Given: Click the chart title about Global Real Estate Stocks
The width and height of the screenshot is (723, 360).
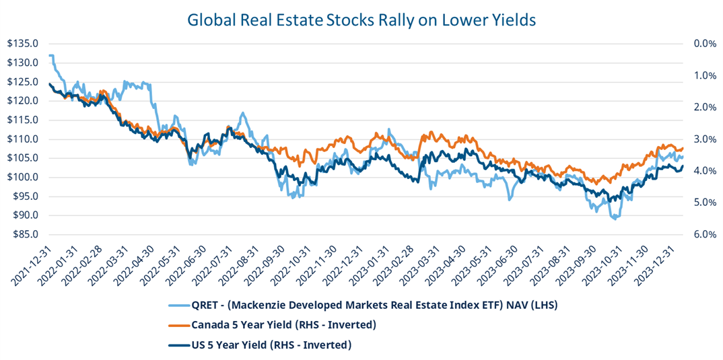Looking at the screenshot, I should point(361,20).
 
